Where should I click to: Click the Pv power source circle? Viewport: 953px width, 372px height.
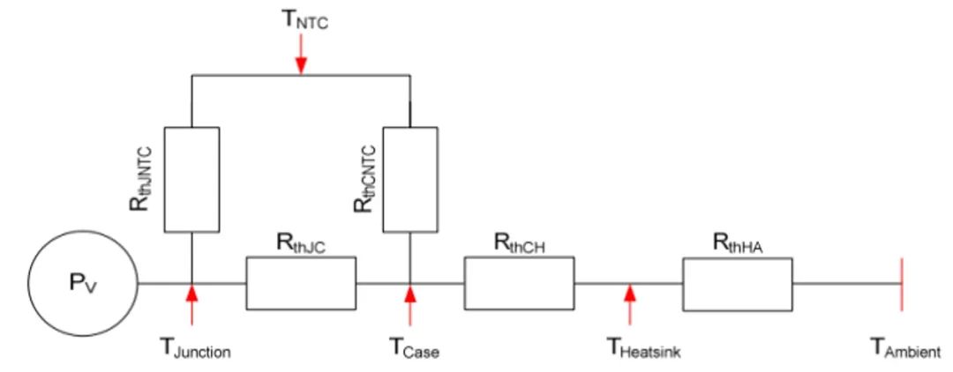[x=83, y=283]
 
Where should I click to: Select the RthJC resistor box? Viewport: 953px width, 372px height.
[x=301, y=283]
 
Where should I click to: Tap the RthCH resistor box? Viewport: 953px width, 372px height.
[x=519, y=283]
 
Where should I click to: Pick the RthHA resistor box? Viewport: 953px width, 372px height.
[x=737, y=284]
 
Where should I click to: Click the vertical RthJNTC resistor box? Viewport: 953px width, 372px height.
[x=191, y=180]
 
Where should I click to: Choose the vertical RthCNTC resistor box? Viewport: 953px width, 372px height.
[x=409, y=180]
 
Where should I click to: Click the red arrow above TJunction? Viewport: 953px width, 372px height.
[x=191, y=305]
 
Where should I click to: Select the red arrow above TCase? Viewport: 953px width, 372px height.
[x=410, y=305]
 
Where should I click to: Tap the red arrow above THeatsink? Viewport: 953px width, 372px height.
[x=630, y=305]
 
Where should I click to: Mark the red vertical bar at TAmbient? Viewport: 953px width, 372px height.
[x=901, y=284]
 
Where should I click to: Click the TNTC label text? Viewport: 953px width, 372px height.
[x=304, y=19]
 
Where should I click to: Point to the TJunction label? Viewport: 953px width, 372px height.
[x=195, y=347]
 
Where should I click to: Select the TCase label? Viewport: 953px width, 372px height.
[x=414, y=347]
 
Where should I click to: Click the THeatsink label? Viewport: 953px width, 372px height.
[x=644, y=347]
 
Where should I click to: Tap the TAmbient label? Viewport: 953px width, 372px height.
[x=905, y=347]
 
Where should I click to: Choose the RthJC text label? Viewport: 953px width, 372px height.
[x=302, y=243]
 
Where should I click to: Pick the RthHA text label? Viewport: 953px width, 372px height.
[x=738, y=243]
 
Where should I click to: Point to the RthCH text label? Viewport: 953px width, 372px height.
[x=520, y=243]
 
